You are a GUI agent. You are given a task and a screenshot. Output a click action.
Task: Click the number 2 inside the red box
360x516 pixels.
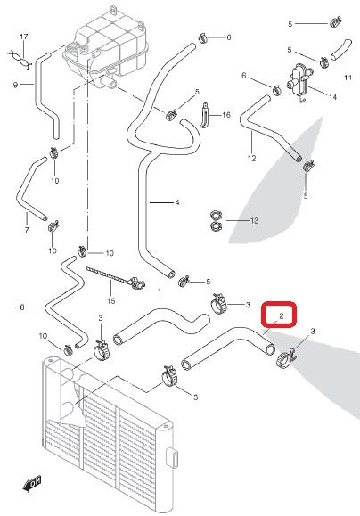[281, 316]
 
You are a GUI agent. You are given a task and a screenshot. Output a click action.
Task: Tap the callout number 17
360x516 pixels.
[24, 37]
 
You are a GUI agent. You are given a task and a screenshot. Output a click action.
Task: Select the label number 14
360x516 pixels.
[332, 97]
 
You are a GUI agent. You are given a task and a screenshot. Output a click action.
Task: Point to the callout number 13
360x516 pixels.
[254, 220]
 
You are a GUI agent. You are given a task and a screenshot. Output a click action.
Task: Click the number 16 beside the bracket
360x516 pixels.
[226, 115]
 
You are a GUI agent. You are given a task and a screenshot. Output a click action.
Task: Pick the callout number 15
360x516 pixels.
[111, 301]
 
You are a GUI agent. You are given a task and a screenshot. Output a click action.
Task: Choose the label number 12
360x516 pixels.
[252, 159]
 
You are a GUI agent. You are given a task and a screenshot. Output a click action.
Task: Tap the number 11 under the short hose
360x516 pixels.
[348, 78]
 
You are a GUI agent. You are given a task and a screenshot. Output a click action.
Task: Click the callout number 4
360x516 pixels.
[177, 202]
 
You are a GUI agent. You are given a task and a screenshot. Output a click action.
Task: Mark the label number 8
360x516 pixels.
[22, 307]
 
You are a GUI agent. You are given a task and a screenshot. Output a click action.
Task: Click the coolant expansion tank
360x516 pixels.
[106, 46]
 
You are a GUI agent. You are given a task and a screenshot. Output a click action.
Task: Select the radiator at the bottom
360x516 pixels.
[109, 434]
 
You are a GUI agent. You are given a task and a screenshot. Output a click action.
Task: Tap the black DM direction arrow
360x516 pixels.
[32, 484]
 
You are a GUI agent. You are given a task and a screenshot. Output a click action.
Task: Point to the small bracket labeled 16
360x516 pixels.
[205, 115]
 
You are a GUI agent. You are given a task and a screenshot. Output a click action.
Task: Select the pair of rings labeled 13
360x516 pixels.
[216, 220]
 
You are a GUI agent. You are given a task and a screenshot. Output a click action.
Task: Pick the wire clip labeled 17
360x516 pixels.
[19, 59]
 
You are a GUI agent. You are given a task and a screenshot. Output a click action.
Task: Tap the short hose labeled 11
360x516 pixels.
[341, 49]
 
